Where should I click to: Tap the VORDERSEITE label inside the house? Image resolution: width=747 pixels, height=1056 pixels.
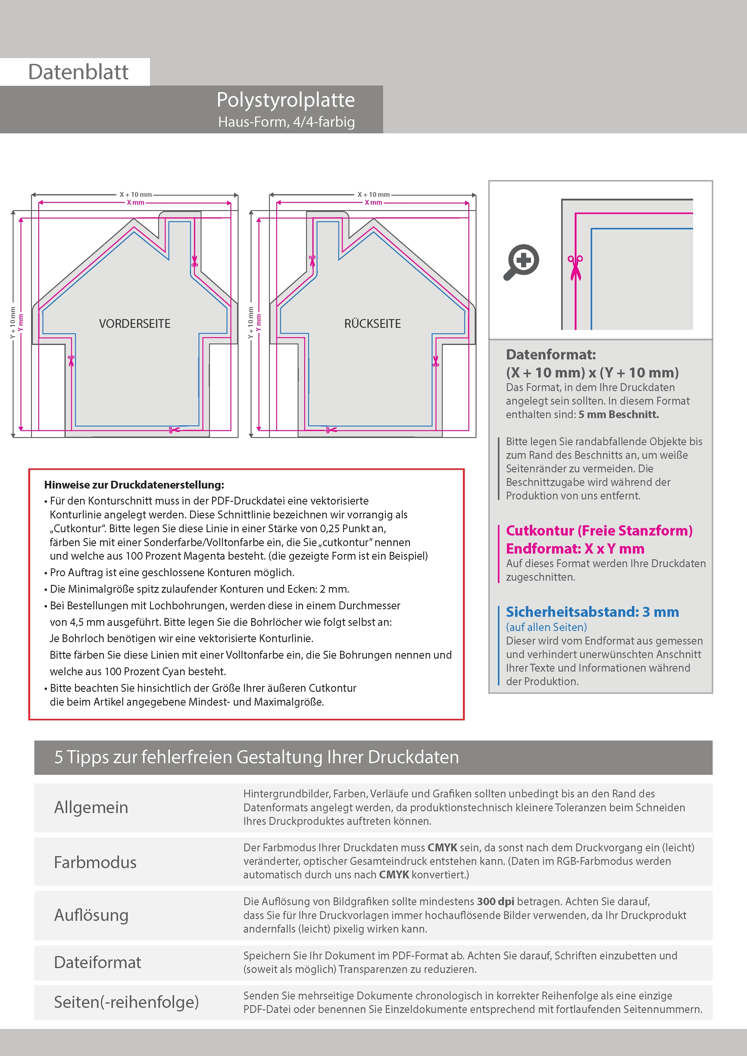pyautogui.click(x=134, y=324)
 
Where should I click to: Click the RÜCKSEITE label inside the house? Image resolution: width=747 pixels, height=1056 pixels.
pyautogui.click(x=372, y=324)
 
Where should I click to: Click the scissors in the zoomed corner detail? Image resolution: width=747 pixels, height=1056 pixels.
pyautogui.click(x=575, y=267)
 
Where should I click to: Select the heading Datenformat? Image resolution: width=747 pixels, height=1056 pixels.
pyautogui.click(x=551, y=355)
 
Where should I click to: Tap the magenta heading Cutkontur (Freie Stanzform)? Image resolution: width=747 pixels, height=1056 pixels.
pyautogui.click(x=599, y=531)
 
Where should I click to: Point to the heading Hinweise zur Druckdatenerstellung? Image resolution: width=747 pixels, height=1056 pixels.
pyautogui.click(x=134, y=485)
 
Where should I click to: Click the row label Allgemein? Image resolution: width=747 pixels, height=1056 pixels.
pyautogui.click(x=91, y=807)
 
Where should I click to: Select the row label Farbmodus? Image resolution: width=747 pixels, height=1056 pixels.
pyautogui.click(x=95, y=862)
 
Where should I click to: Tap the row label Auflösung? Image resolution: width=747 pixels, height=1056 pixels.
pyautogui.click(x=91, y=915)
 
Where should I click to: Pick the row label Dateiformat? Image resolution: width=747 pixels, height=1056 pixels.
pyautogui.click(x=97, y=962)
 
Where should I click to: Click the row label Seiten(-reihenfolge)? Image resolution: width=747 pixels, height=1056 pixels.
pyautogui.click(x=126, y=1002)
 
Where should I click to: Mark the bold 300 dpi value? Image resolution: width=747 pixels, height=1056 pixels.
pyautogui.click(x=495, y=902)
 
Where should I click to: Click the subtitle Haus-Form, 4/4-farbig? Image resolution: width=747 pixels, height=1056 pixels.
pyautogui.click(x=286, y=122)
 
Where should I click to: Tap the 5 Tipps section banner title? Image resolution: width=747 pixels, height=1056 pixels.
pyautogui.click(x=256, y=757)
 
